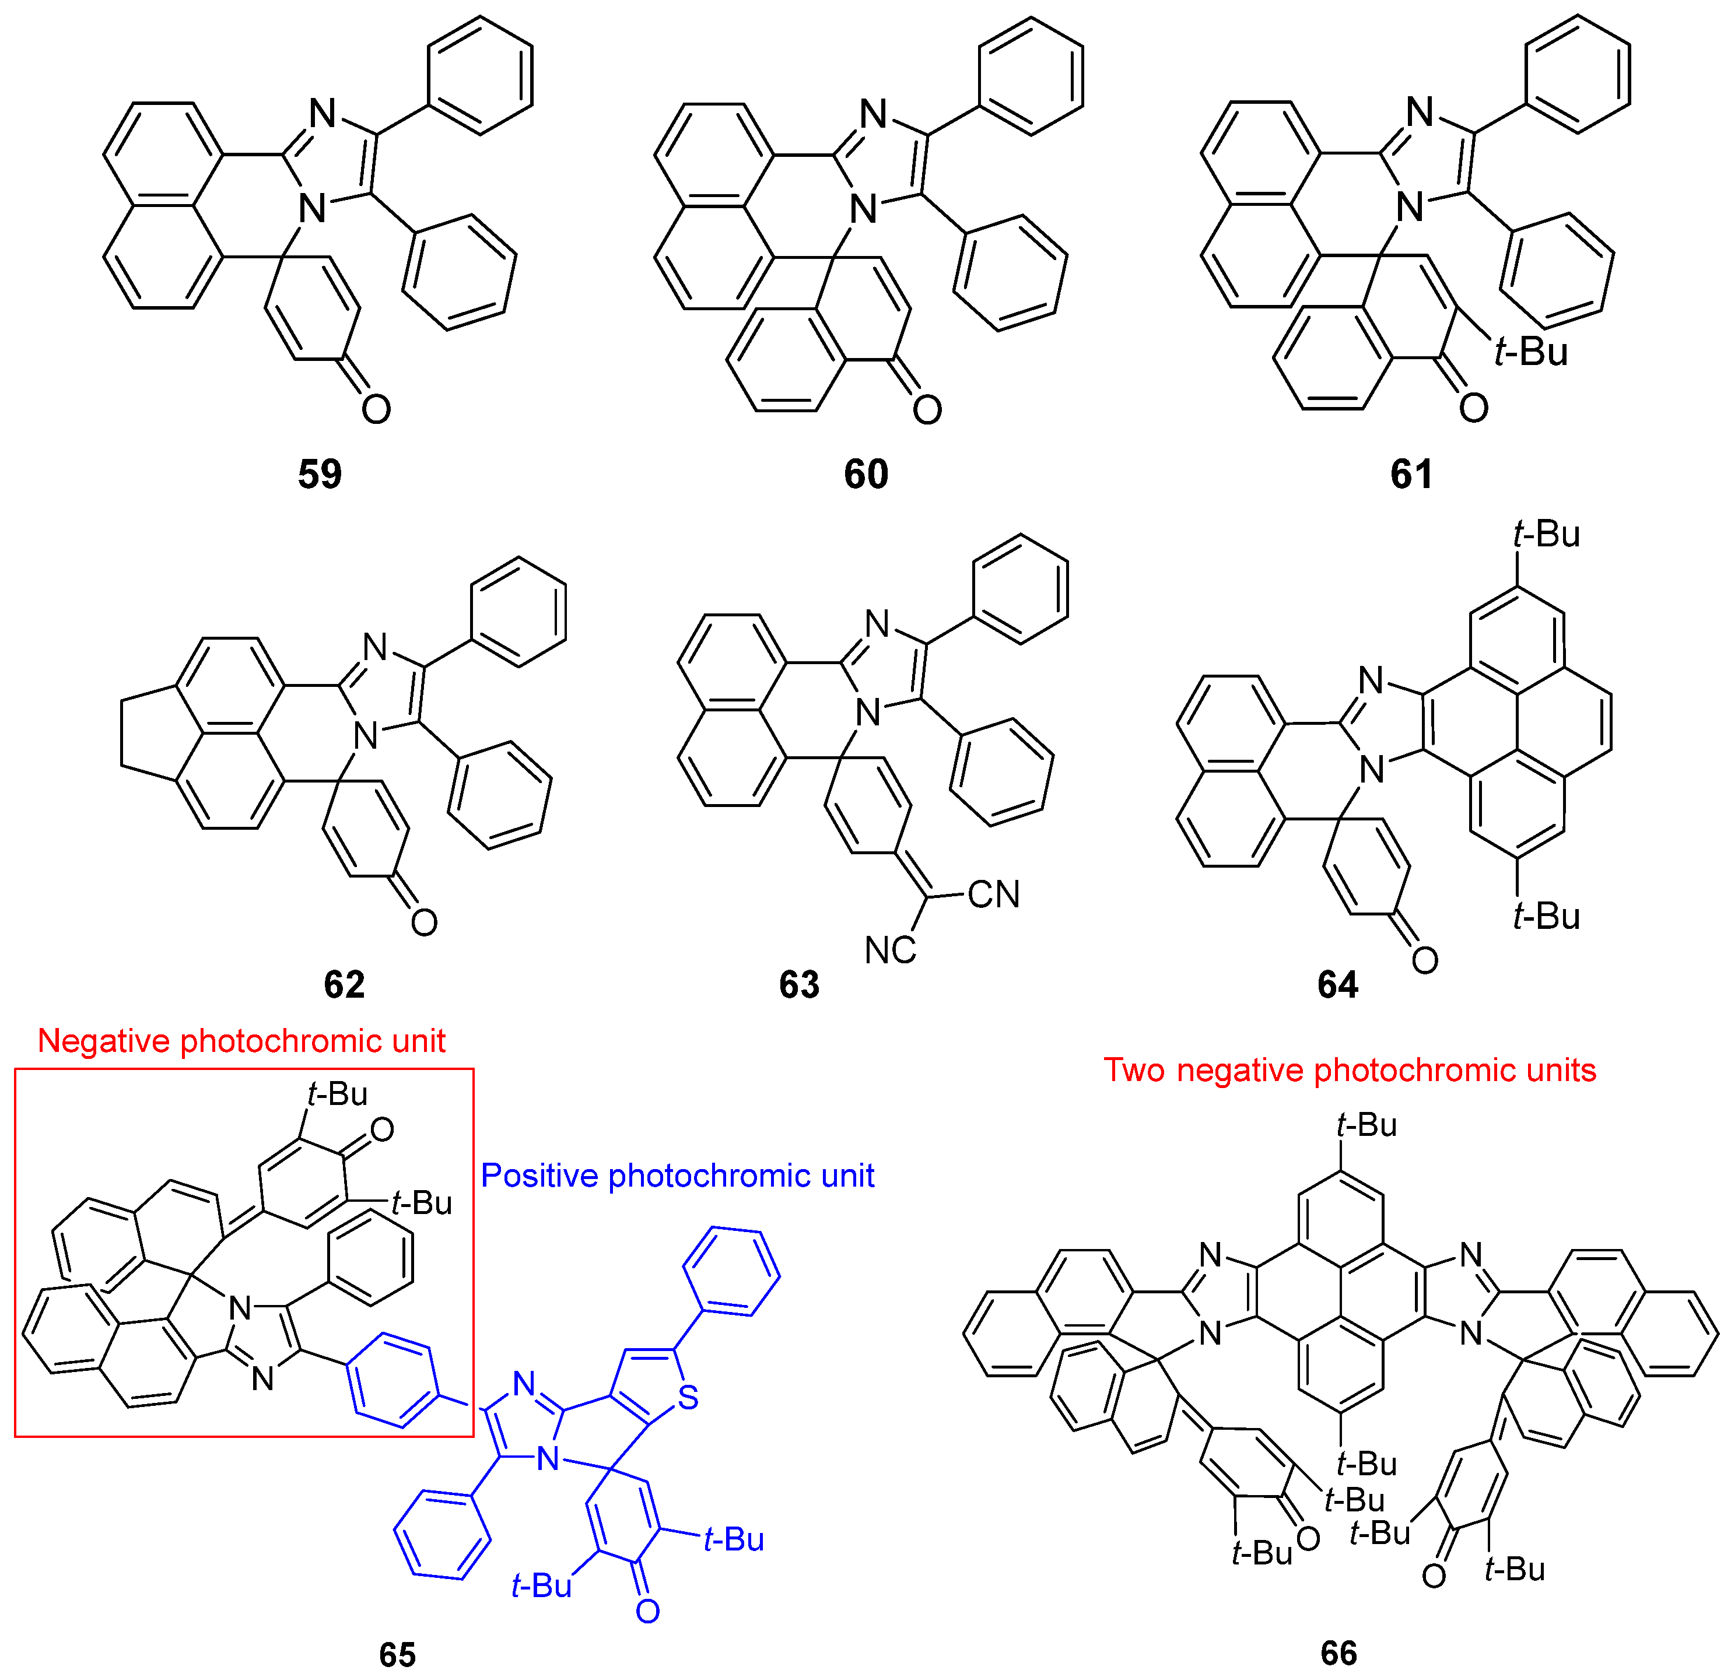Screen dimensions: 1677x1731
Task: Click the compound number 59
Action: (x=319, y=474)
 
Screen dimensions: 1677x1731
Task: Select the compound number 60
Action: (x=865, y=474)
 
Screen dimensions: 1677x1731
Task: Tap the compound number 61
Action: (x=1411, y=474)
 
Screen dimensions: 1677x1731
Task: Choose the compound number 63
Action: (x=799, y=984)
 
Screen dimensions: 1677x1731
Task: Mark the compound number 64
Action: (x=1337, y=984)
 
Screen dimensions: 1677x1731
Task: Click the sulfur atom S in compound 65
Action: (x=688, y=1398)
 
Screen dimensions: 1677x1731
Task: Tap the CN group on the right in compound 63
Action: (x=994, y=894)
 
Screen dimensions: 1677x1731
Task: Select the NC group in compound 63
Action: (x=889, y=950)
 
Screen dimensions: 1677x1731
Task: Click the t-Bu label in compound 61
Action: (x=1530, y=352)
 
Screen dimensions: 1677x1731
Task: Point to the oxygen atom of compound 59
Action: (x=376, y=409)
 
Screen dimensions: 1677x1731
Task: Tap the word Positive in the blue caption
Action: (x=539, y=1176)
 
